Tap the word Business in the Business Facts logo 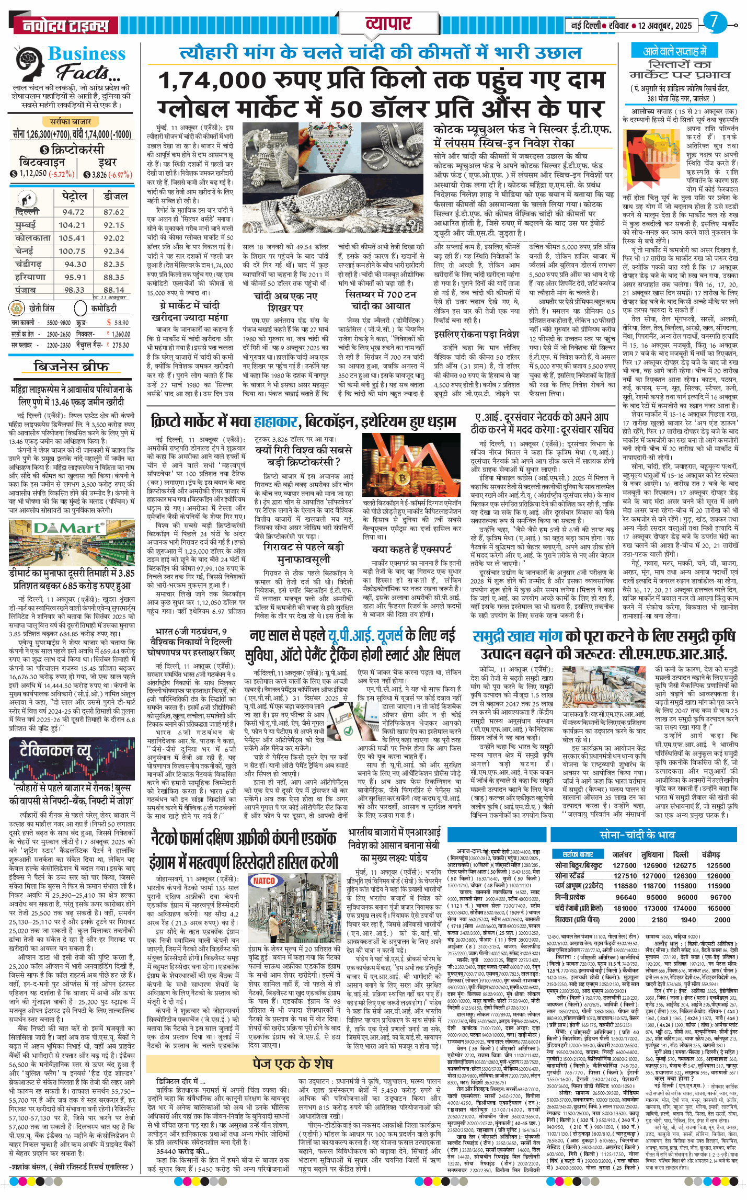87,54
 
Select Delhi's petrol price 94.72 73,212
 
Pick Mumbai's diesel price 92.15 113,225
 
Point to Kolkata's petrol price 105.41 72,238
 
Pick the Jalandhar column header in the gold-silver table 622,855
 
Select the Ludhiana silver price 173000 654,908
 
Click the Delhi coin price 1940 688,920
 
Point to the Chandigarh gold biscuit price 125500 718,865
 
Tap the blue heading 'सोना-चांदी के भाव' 637,835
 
